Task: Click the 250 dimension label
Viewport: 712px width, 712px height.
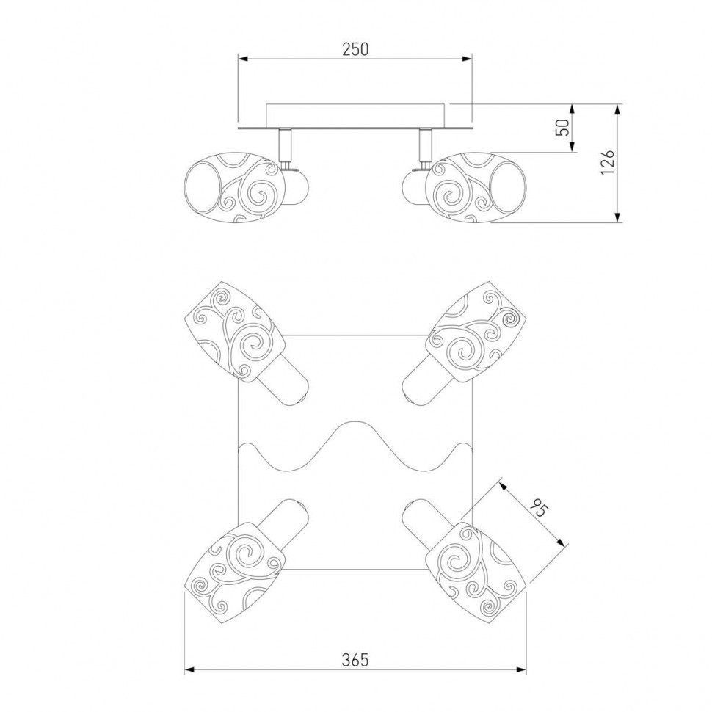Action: pyautogui.click(x=355, y=48)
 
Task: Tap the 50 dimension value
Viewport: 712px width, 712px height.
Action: pyautogui.click(x=562, y=128)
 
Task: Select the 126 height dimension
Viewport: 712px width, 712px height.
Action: pyautogui.click(x=607, y=161)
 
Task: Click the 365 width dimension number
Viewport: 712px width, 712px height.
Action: pyautogui.click(x=355, y=660)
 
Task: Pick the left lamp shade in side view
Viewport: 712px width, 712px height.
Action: pyautogui.click(x=235, y=187)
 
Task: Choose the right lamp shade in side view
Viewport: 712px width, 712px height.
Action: pyautogui.click(x=477, y=187)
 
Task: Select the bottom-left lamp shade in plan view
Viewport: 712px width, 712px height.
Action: pyautogui.click(x=235, y=573)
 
